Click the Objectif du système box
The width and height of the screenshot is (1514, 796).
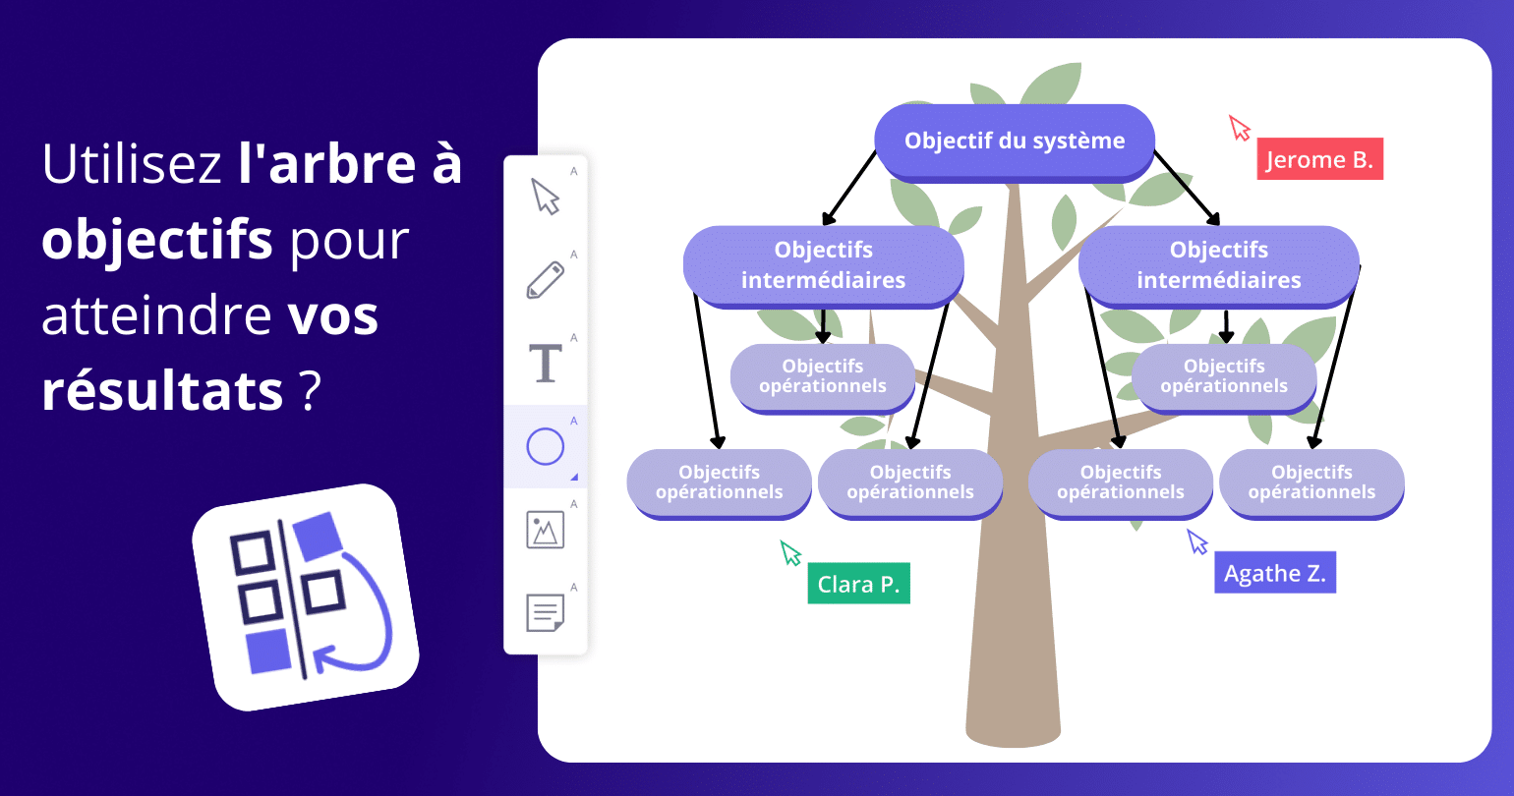click(1015, 142)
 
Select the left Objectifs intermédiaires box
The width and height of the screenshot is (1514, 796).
click(823, 265)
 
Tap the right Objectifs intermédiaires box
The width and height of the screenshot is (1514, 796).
click(1218, 265)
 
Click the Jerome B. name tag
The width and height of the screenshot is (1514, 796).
click(1319, 159)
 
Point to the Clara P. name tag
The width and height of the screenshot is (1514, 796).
click(858, 584)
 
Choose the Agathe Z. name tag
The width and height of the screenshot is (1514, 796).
click(1274, 573)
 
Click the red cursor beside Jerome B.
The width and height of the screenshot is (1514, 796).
click(1240, 128)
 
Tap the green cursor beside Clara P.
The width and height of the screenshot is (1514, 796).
click(790, 552)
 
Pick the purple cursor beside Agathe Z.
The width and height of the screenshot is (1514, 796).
click(1196, 541)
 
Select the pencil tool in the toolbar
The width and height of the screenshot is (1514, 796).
click(546, 280)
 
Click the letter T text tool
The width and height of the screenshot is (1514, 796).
click(546, 364)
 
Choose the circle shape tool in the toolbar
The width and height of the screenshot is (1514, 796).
click(546, 447)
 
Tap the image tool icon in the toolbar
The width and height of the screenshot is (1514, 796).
click(546, 530)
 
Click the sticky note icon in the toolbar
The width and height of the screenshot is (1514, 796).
click(546, 613)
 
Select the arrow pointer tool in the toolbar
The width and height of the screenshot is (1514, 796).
click(546, 197)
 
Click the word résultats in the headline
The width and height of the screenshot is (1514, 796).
click(162, 390)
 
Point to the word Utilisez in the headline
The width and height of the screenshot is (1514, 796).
click(132, 164)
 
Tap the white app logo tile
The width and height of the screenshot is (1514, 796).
click(305, 597)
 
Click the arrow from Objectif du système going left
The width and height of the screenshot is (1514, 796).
click(849, 188)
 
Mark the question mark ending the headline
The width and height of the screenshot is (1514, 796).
click(310, 390)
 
